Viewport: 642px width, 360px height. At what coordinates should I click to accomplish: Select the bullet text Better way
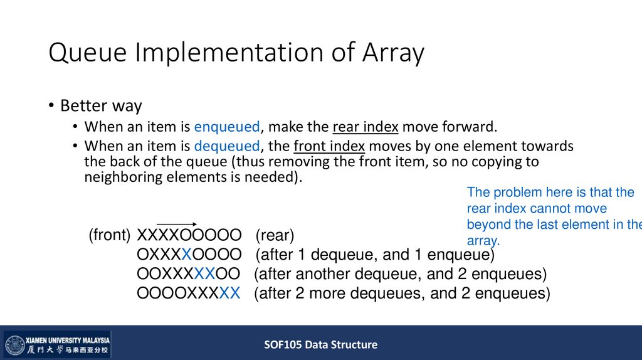(101, 105)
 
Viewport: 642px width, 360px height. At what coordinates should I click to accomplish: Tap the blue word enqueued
(226, 127)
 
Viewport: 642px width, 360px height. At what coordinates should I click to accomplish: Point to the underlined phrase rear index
(366, 127)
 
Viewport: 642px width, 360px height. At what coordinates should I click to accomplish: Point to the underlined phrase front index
(329, 147)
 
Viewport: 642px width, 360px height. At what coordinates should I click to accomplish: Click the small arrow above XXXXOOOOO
(176, 224)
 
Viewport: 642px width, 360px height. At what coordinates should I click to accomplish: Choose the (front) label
(109, 236)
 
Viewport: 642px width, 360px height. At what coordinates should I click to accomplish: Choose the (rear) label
(275, 236)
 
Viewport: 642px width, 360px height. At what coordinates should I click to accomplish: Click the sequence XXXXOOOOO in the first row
(189, 236)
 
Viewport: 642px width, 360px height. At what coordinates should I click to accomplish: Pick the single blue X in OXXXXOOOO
(186, 255)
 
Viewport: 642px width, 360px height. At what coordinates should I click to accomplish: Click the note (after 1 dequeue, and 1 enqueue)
(374, 255)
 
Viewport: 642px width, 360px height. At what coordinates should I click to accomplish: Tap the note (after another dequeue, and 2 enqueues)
(400, 274)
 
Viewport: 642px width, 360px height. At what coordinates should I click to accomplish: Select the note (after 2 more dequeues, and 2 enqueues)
(402, 294)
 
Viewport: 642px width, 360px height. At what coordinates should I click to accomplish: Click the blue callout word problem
(513, 193)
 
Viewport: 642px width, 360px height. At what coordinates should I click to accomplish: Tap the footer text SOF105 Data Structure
(320, 344)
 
